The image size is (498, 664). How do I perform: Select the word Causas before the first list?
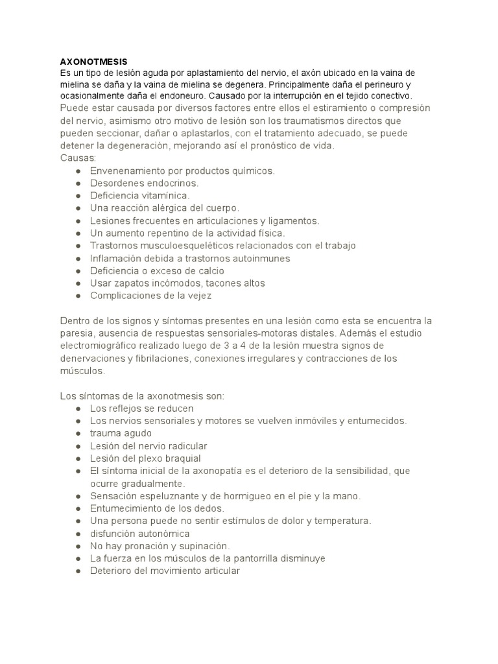[x=77, y=158]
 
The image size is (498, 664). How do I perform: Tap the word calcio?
[x=207, y=270]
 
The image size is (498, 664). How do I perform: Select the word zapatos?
[x=130, y=283]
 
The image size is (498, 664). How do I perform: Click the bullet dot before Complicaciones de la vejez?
[x=78, y=296]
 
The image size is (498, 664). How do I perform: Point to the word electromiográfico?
[x=101, y=346]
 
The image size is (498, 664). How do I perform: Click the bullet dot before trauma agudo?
[x=78, y=433]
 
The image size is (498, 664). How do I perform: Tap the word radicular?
[x=185, y=446]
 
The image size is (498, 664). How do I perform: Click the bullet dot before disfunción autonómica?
[x=78, y=534]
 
